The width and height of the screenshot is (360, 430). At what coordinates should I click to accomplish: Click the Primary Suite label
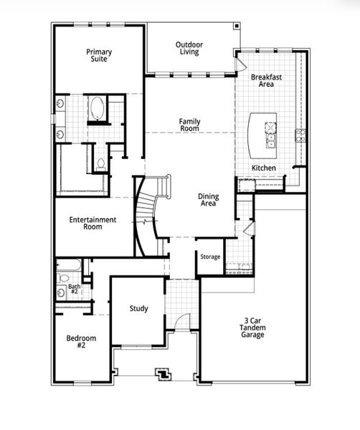98,56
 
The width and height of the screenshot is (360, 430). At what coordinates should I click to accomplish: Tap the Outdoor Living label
189,48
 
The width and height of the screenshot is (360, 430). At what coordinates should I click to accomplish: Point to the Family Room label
189,125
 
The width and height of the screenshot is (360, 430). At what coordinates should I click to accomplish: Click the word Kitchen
263,168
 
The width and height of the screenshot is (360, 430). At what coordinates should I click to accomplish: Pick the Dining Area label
209,200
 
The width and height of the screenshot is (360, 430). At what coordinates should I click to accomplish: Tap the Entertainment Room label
93,223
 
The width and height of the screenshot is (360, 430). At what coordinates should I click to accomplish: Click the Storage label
210,257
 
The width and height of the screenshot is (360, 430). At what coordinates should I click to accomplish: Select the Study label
138,309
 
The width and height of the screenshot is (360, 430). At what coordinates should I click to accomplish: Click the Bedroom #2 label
81,342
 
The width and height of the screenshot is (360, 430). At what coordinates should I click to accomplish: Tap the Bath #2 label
74,290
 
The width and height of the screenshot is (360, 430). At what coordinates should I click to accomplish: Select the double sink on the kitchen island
271,135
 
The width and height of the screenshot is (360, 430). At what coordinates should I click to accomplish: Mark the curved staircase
146,215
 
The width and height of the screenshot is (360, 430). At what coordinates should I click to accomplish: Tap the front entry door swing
184,322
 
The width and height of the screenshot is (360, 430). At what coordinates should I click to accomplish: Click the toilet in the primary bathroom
100,163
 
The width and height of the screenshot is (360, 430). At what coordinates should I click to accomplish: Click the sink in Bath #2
60,292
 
